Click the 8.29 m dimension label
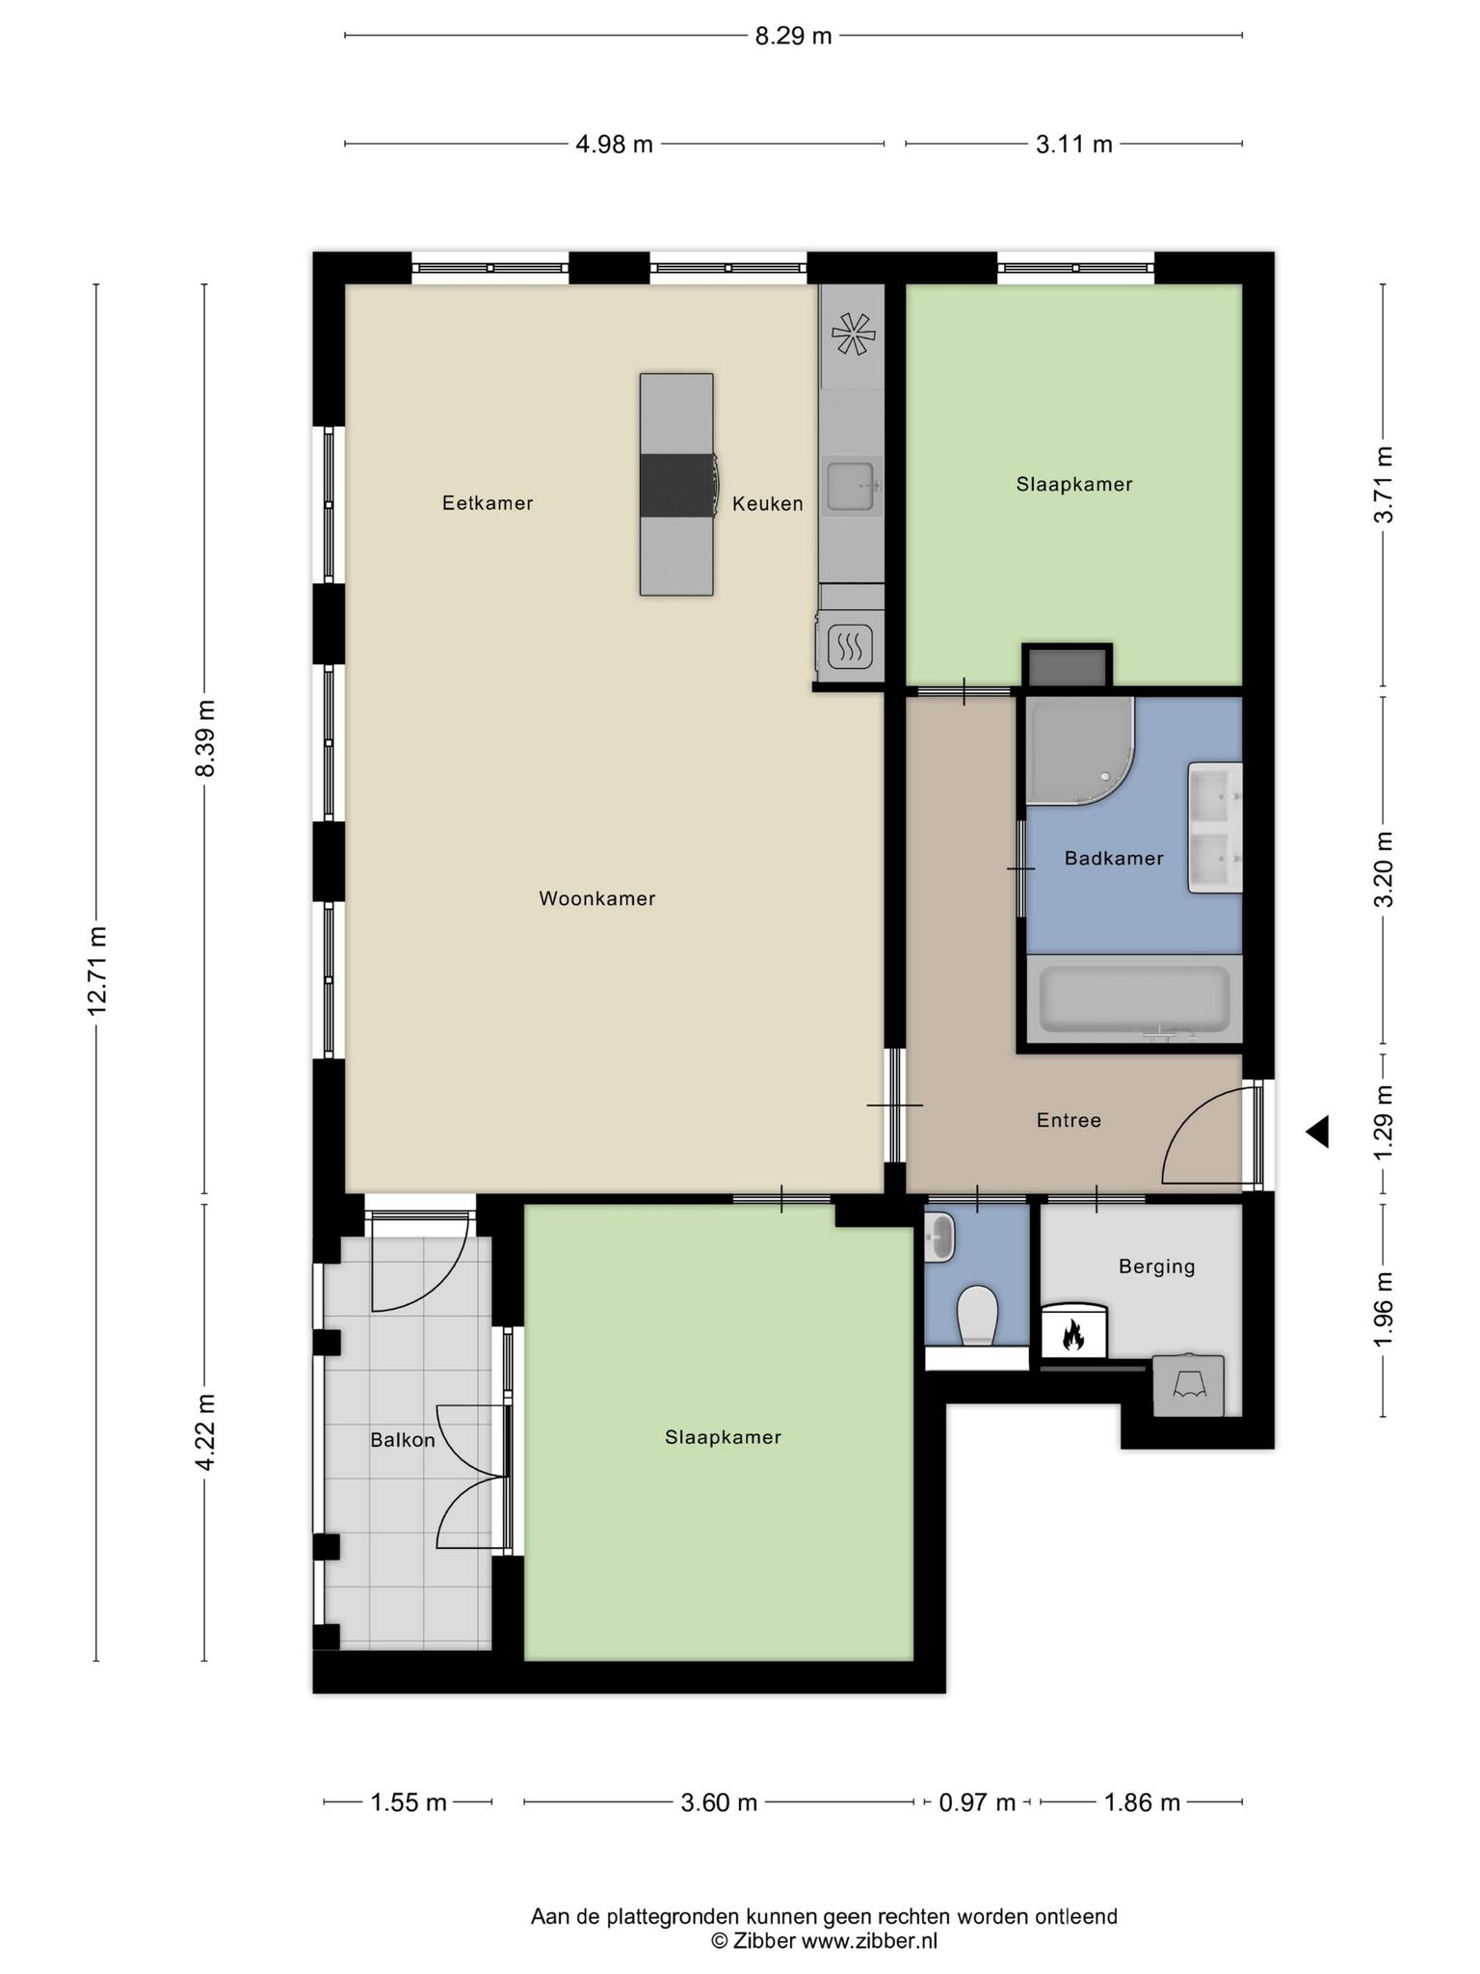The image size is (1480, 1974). [x=792, y=37]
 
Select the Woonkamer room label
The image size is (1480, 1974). [x=596, y=898]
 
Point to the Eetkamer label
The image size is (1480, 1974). [x=488, y=503]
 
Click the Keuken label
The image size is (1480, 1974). [x=767, y=503]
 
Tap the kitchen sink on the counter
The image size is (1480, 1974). [x=852, y=486]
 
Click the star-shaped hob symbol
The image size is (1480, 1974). [x=853, y=334]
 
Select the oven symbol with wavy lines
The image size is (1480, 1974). [x=850, y=646]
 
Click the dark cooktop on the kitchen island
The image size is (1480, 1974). [x=677, y=485]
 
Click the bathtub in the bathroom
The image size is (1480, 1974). [x=1134, y=999]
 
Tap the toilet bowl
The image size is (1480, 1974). [x=978, y=1314]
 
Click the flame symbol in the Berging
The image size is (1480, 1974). [x=1073, y=1334]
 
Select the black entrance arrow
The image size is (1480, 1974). [x=1317, y=1132]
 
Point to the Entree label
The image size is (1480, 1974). [x=1069, y=1120]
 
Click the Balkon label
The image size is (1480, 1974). [x=403, y=1440]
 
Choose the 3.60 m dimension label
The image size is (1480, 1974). [x=719, y=1802]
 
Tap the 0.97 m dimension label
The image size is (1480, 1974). [x=977, y=1802]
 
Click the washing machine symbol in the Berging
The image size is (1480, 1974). [x=1189, y=1386]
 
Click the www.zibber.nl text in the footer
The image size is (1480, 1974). [x=869, y=1941]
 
